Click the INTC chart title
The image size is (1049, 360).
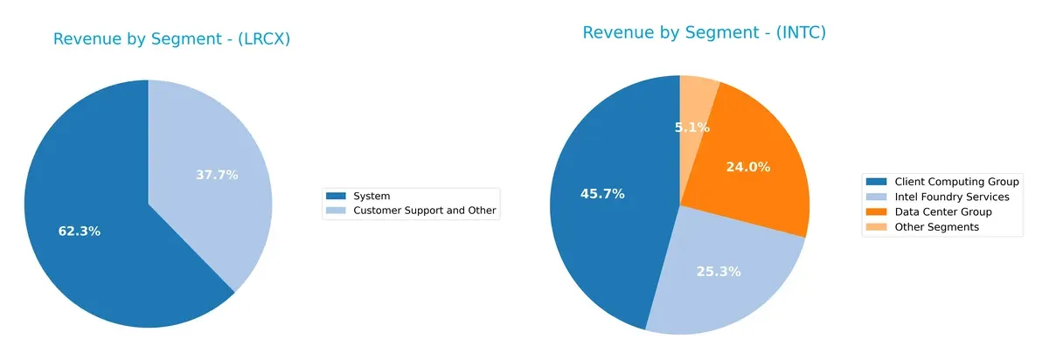(x=704, y=33)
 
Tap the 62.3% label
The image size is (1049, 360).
(x=80, y=232)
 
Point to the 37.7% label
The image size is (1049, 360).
(x=217, y=175)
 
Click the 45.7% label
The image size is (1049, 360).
(x=602, y=194)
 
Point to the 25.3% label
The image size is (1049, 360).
(x=719, y=272)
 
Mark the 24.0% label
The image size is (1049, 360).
(x=748, y=167)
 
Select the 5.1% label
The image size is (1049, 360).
(x=691, y=128)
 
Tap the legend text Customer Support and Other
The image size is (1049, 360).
(x=424, y=211)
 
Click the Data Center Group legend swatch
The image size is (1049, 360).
(x=874, y=212)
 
